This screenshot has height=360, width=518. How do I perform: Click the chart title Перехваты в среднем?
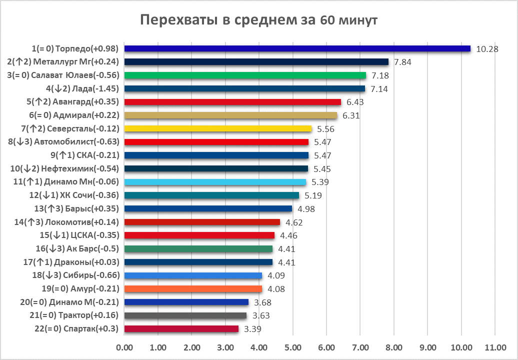tap(258, 20)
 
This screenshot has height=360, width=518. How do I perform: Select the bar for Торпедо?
tap(297, 48)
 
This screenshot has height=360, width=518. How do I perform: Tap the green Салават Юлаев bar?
tap(245, 75)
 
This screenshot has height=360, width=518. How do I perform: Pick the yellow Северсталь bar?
tap(217, 129)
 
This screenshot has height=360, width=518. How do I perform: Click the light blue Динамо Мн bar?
tap(215, 182)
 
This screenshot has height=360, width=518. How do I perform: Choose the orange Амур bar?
tap(193, 288)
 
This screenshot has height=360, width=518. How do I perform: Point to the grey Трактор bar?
tap(185, 315)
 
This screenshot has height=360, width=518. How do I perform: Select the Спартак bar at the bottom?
tap(181, 328)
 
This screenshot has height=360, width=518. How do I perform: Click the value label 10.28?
tap(487, 49)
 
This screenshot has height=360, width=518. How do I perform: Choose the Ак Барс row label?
tap(76, 248)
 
